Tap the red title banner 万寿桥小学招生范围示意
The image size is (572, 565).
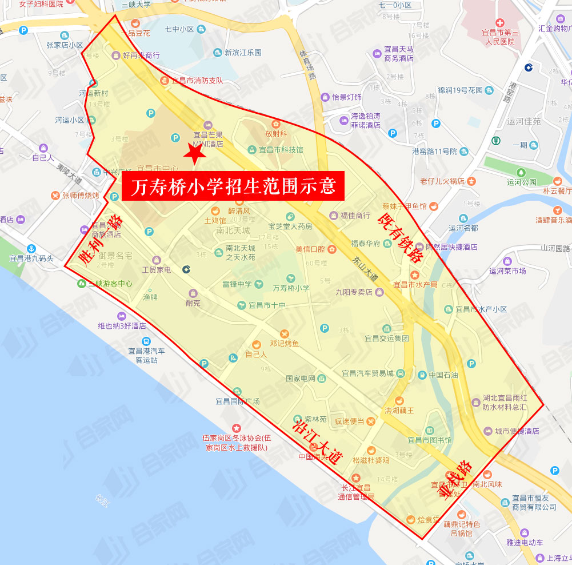coord(233,186)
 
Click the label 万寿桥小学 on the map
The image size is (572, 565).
coord(291,288)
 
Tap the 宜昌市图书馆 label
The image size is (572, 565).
coord(429,440)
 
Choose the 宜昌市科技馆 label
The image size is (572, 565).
coord(281,150)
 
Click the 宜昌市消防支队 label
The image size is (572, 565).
coord(197,81)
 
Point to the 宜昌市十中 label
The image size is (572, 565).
coord(267,305)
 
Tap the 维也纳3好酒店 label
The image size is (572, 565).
coord(122,326)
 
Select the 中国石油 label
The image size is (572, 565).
coord(443,375)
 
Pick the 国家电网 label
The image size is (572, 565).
coord(301,379)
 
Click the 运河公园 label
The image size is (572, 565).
coord(521,182)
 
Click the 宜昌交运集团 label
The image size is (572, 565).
coord(387,338)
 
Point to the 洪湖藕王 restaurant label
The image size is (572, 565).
coord(399,410)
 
